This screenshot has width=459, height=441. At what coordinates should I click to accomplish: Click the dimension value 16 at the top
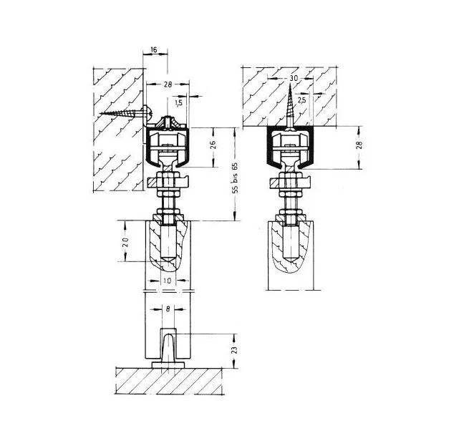pyautogui.click(x=154, y=49)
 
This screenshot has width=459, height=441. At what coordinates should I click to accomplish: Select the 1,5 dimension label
pyautogui.click(x=178, y=102)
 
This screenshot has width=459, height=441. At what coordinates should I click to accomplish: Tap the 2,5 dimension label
pyautogui.click(x=301, y=100)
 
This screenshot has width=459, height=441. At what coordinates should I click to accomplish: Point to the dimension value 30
pyautogui.click(x=294, y=78)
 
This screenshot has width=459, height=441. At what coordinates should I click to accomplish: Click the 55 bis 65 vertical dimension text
pyautogui.click(x=235, y=178)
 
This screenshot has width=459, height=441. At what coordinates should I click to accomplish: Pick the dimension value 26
pyautogui.click(x=213, y=145)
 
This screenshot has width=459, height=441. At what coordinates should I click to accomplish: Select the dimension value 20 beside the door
pyautogui.click(x=125, y=242)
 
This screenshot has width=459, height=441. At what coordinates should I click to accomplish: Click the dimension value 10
pyautogui.click(x=167, y=281)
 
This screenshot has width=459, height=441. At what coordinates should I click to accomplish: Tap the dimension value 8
pyautogui.click(x=168, y=309)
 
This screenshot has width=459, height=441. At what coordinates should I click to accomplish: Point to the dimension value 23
pyautogui.click(x=235, y=350)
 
